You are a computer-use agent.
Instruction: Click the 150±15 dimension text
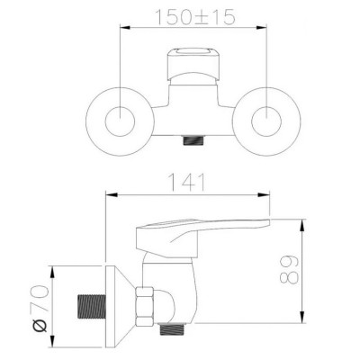point(195,17)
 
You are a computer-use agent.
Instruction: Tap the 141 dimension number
point(188,182)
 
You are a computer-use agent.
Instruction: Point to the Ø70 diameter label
point(40,308)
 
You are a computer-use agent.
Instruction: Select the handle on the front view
point(193,64)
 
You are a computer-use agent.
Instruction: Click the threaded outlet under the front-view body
point(193,140)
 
